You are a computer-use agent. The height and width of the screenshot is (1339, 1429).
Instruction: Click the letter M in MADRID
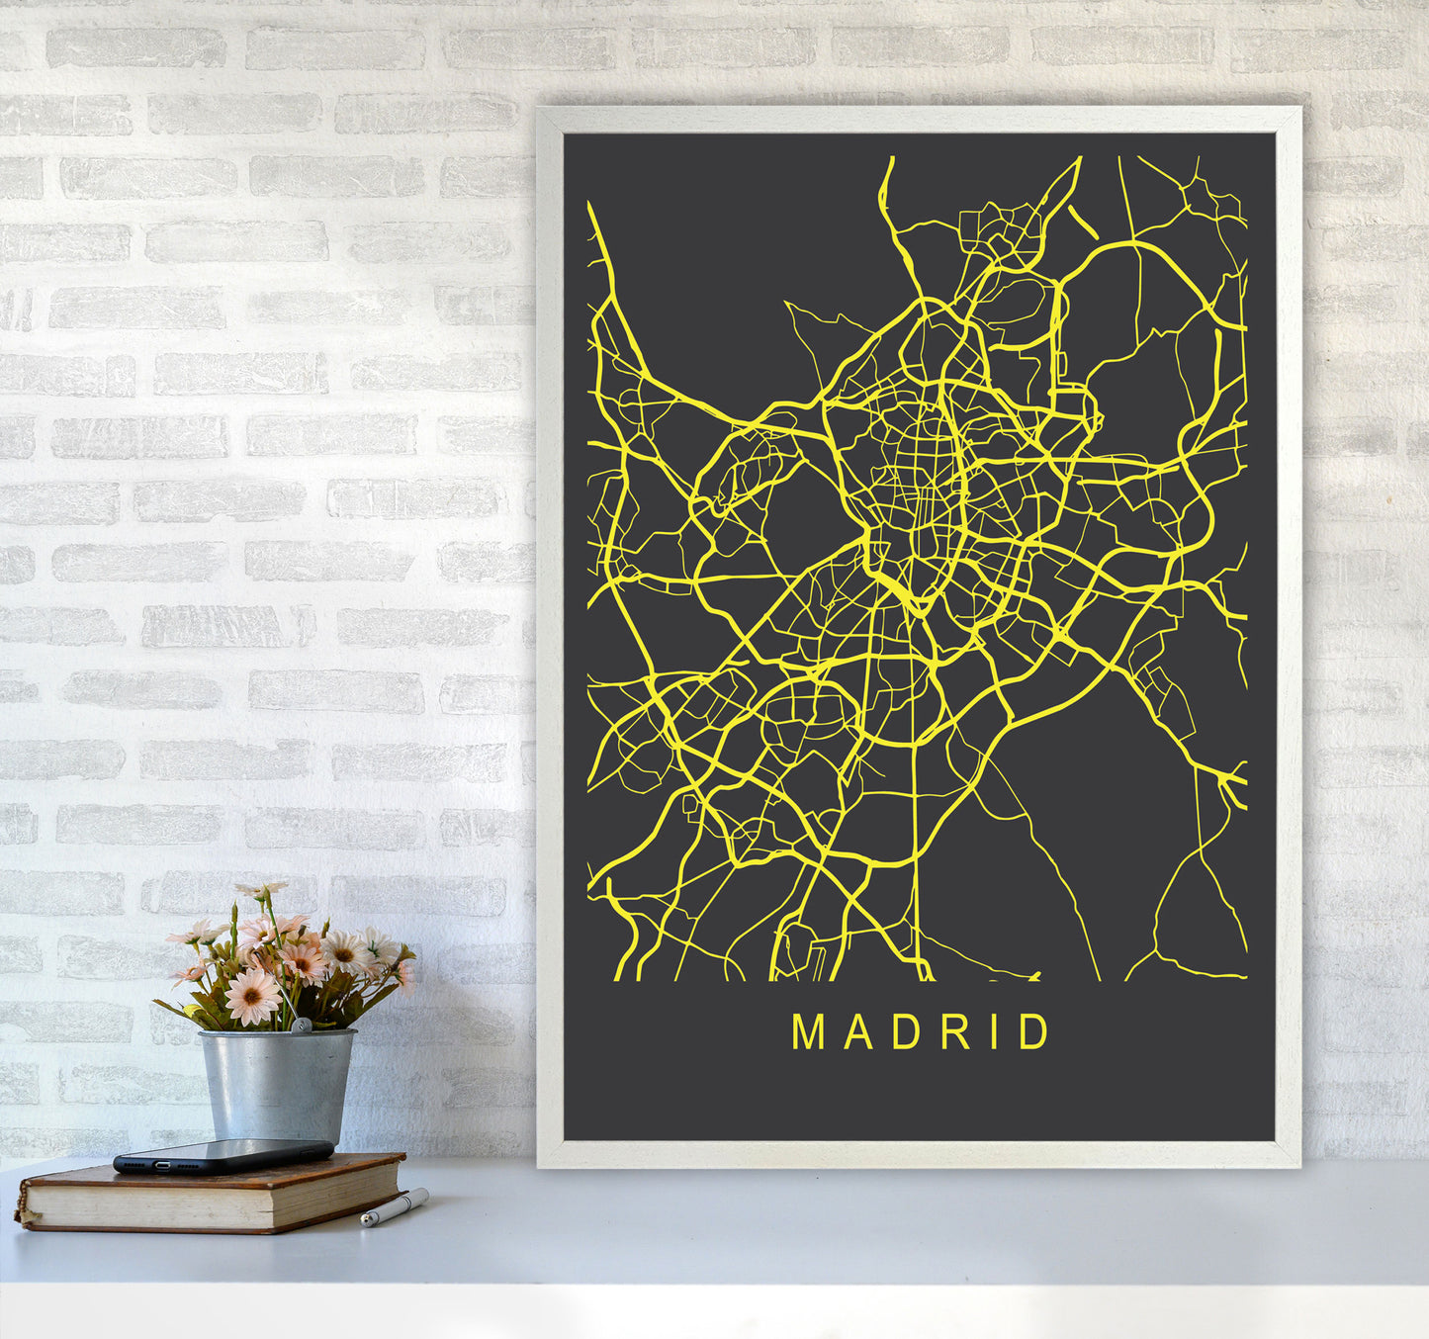[808, 1031]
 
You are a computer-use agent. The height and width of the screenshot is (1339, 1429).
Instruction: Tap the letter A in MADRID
[853, 1031]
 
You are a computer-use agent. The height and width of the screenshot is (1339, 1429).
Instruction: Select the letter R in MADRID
[955, 1031]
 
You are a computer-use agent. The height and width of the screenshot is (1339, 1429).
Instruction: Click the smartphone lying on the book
[223, 1155]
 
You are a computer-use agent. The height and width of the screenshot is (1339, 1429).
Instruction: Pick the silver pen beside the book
[394, 1207]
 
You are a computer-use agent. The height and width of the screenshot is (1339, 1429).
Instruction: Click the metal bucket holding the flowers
[276, 1084]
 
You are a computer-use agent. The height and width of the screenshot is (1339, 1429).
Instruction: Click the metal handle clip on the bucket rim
[299, 1027]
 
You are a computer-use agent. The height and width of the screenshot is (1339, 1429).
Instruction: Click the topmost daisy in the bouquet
[260, 891]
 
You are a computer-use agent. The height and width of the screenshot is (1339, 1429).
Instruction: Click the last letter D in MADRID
[1035, 1031]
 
